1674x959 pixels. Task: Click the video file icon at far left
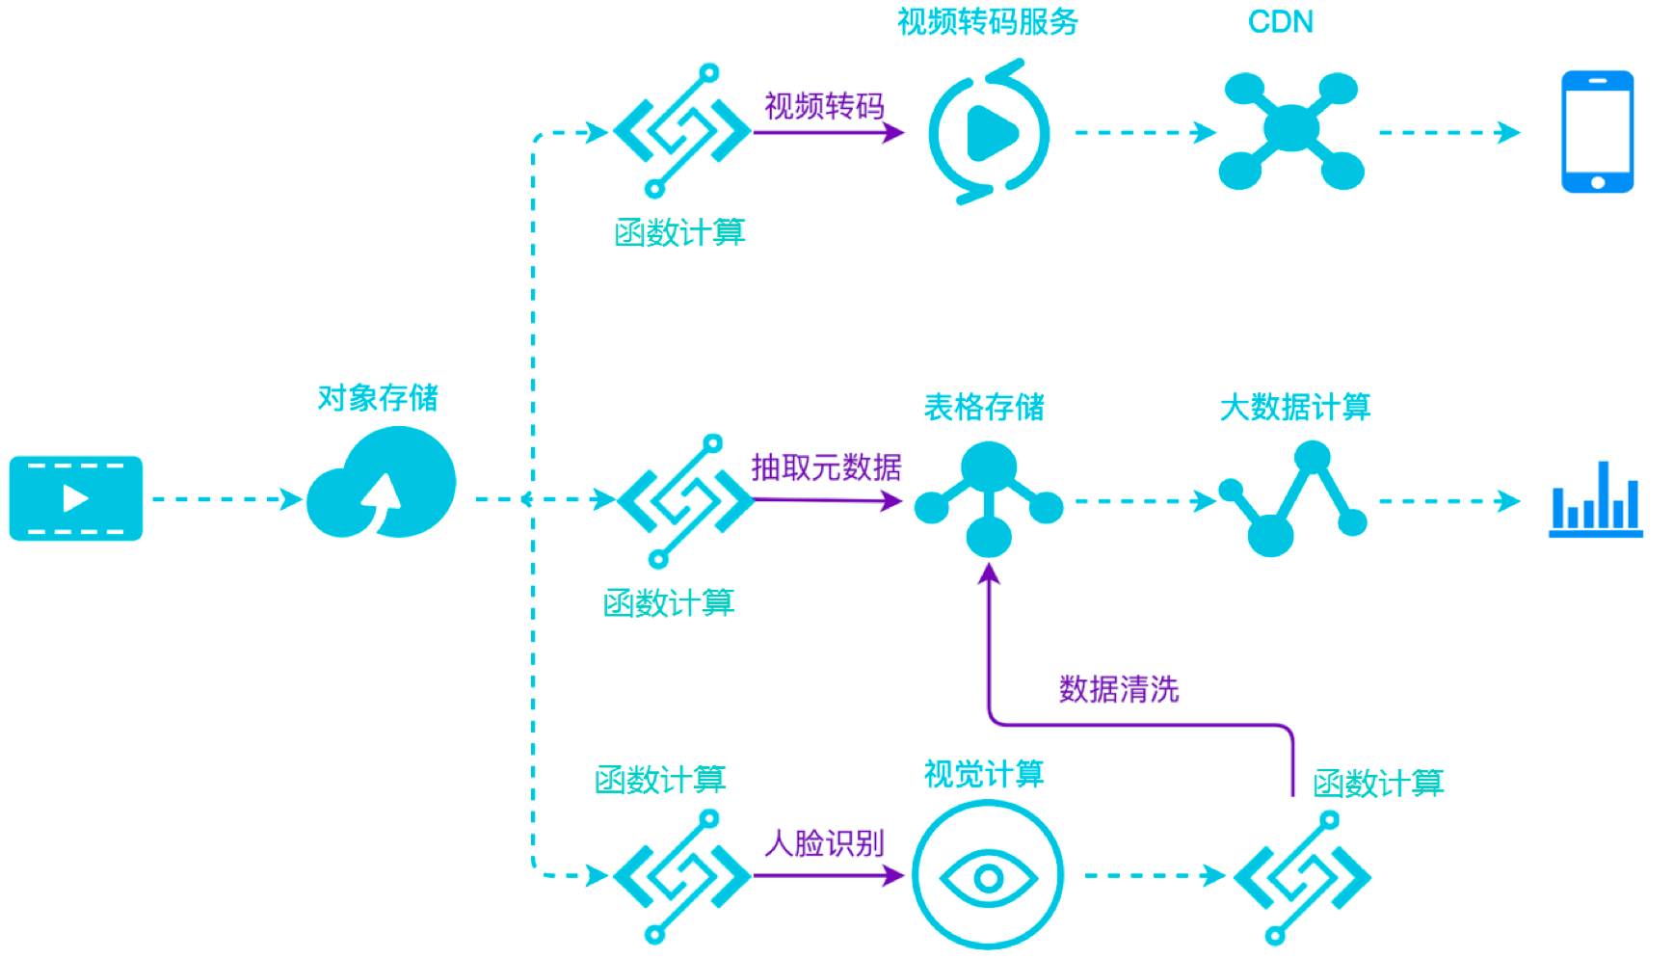pyautogui.click(x=75, y=497)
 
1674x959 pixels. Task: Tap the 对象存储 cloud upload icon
pyautogui.click(x=382, y=484)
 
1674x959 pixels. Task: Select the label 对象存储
pyautogui.click(x=378, y=397)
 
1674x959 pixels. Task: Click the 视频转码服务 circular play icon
pyautogui.click(x=989, y=132)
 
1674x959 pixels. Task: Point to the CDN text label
pyautogui.click(x=1280, y=22)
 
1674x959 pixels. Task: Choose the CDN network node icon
pyautogui.click(x=1290, y=130)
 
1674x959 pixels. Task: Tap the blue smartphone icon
pyautogui.click(x=1597, y=132)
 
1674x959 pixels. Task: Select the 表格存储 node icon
pyautogui.click(x=988, y=497)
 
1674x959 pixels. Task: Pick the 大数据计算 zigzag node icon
pyautogui.click(x=1292, y=498)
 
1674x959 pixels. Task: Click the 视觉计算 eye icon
pyautogui.click(x=988, y=876)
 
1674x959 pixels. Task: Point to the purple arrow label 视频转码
pyautogui.click(x=824, y=106)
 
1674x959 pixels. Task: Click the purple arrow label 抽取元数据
pyautogui.click(x=826, y=467)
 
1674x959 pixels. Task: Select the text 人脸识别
pyautogui.click(x=824, y=843)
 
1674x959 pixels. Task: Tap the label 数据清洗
pyautogui.click(x=1118, y=689)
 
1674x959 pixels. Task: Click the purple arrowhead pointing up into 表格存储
pyautogui.click(x=989, y=575)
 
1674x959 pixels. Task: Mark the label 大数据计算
pyautogui.click(x=1294, y=407)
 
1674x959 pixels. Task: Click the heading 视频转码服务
pyautogui.click(x=988, y=22)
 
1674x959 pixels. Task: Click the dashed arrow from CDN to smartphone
pyautogui.click(x=1448, y=132)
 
